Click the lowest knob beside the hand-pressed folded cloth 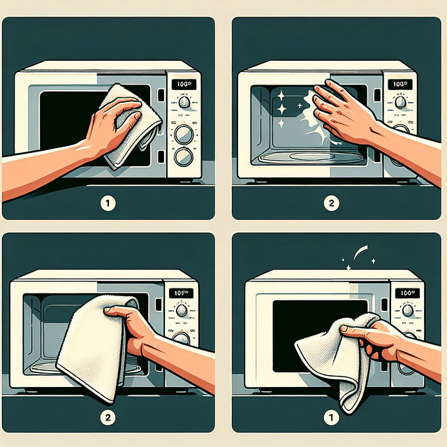(x=184, y=156)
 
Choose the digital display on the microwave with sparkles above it (x=405, y=293)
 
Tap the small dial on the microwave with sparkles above (x=406, y=310)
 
